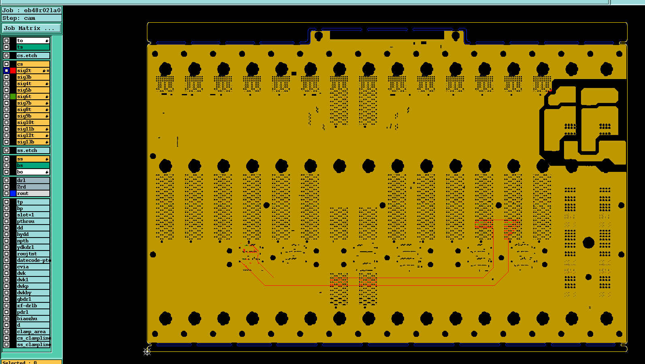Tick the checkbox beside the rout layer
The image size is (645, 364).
6,193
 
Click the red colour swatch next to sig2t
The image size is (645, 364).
13,71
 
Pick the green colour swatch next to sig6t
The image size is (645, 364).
13,96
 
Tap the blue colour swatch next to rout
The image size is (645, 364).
13,193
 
